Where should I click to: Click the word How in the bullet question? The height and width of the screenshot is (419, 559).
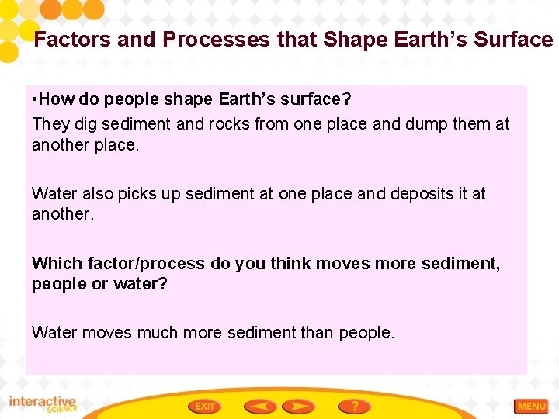click(x=55, y=99)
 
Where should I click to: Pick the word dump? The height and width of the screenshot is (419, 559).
click(x=418, y=123)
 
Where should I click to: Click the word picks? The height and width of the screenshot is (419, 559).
click(x=140, y=193)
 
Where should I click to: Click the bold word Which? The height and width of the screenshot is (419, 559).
click(x=54, y=264)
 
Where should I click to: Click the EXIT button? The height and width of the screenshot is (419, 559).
click(x=205, y=406)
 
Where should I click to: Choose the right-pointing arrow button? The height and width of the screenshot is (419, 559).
click(x=298, y=406)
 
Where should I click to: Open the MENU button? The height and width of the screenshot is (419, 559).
click(x=532, y=406)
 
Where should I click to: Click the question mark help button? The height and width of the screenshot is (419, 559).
click(x=354, y=406)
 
